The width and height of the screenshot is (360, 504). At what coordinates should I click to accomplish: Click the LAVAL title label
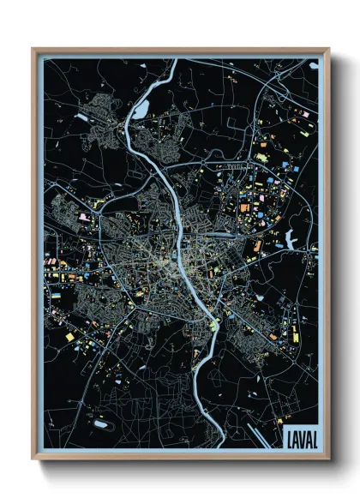(x=297, y=438)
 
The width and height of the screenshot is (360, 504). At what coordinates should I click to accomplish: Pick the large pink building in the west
(x=84, y=218)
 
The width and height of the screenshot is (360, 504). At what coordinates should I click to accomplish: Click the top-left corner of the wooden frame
(x=33, y=49)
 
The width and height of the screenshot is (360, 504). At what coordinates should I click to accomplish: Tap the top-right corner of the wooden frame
(x=328, y=49)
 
